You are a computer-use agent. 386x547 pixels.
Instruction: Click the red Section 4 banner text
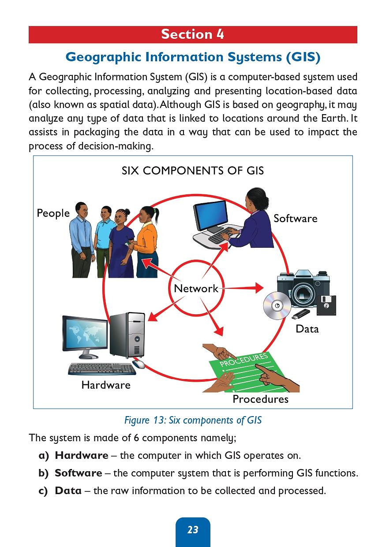192,34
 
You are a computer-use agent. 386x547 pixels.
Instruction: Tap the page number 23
193,530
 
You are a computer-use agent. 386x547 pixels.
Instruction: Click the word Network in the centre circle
196,289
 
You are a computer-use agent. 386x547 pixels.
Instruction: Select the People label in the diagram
53,213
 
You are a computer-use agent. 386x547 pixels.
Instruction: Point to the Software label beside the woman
295,219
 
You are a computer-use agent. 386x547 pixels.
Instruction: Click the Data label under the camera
307,329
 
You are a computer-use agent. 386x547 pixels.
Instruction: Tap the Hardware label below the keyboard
106,385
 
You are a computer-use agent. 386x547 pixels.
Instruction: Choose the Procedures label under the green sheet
260,399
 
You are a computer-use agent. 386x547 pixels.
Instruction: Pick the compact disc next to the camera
277,305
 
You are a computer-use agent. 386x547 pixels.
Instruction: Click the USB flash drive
301,314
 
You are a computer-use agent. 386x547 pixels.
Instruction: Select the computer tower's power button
137,339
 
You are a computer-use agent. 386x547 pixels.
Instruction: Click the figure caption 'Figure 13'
193,420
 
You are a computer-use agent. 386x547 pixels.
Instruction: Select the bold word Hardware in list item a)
81,455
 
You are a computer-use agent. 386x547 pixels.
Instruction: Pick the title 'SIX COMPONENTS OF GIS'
193,171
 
